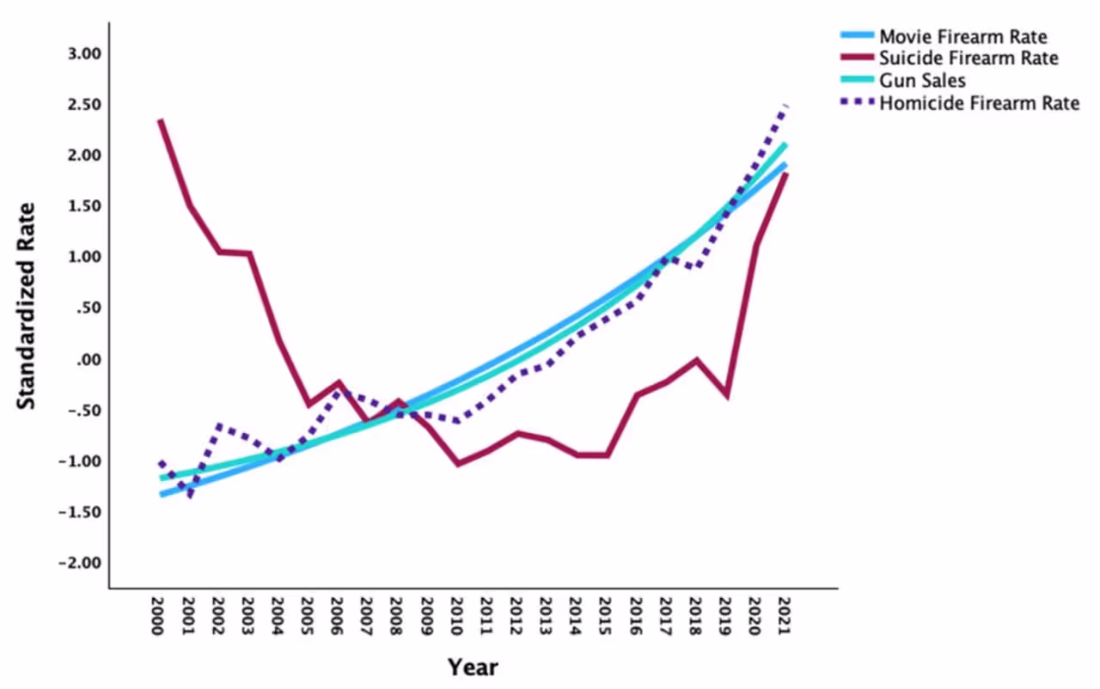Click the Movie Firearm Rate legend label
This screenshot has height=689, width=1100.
coord(963,37)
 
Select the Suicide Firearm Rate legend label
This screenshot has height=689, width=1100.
coord(969,59)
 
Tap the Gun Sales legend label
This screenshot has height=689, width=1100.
coord(922,82)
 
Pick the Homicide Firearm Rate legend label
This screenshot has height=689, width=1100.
coord(979,104)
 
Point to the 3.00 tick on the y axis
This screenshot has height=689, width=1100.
coord(84,54)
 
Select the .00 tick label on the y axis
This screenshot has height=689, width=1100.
coord(90,359)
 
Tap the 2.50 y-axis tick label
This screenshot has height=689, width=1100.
coord(84,105)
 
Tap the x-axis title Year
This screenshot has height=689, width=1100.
coord(472,668)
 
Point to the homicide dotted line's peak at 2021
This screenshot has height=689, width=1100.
coord(785,106)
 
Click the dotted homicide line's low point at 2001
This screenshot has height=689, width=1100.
coord(190,496)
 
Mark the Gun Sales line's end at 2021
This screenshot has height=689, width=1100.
coord(785,144)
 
